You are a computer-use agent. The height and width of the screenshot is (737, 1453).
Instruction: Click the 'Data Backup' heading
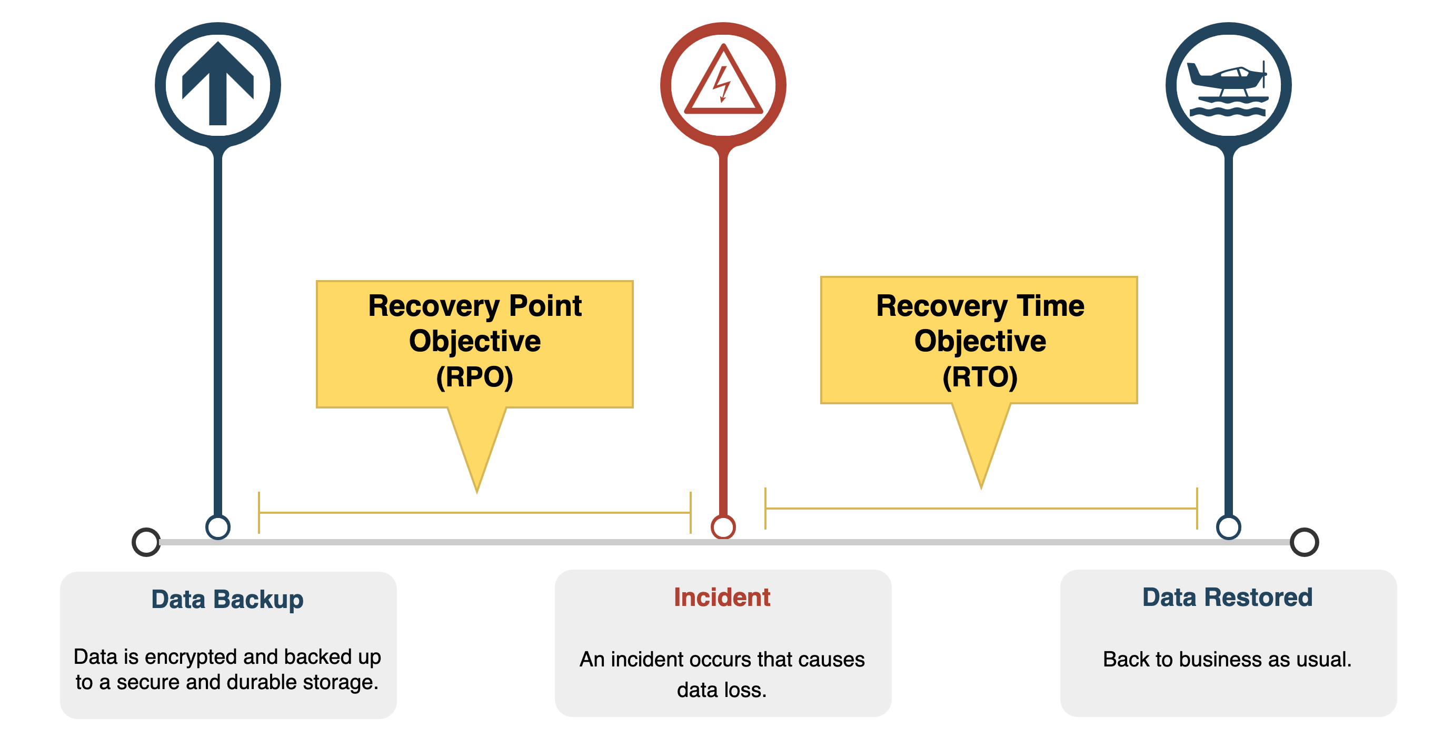[227, 600]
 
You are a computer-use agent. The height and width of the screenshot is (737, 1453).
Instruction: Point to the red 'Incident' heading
[722, 597]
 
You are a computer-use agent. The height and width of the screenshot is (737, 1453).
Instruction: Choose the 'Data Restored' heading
[1227, 597]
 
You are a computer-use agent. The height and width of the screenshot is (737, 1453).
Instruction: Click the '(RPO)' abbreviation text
[474, 377]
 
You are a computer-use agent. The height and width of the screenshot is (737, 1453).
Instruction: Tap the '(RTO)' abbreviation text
[980, 377]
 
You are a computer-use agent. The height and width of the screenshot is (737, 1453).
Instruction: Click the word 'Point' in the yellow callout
[545, 306]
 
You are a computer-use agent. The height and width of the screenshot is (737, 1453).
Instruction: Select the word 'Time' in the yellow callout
[1050, 306]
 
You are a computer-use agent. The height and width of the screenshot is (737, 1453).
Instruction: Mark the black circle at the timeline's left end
[146, 542]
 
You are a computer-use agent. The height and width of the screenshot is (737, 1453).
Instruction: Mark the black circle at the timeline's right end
[1305, 542]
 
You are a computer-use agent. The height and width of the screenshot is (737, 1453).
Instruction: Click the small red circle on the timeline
[723, 527]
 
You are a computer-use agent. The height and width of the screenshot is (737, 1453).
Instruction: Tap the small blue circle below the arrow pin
[218, 527]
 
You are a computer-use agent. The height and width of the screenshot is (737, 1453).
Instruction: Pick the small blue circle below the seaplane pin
[1229, 527]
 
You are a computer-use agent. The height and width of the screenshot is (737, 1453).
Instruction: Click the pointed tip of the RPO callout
[477, 492]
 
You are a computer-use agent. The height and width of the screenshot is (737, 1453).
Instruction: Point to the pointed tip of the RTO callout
[981, 488]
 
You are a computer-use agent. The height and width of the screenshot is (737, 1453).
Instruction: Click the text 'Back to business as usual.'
[1227, 659]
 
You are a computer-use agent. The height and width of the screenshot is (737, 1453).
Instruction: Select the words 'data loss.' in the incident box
[722, 690]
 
